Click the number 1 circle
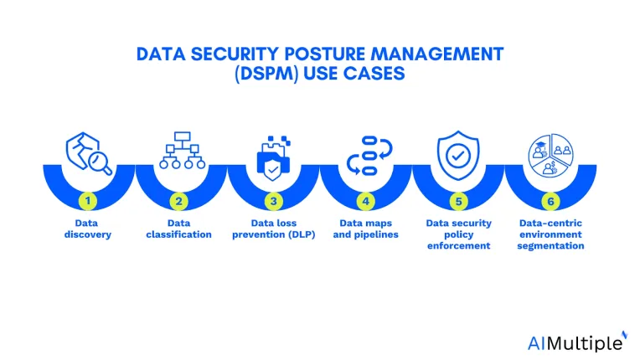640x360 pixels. (88, 201)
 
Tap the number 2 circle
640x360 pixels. (178, 201)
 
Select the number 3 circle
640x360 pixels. (273, 201)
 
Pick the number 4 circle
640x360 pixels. (366, 201)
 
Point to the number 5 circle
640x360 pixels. (458, 201)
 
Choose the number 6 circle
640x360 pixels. (550, 201)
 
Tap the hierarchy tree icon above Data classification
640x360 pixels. (182, 150)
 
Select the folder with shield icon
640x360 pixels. (273, 158)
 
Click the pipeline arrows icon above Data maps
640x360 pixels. (369, 156)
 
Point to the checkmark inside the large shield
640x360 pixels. (458, 156)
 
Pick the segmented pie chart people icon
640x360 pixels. (550, 156)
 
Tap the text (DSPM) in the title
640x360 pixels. (266, 74)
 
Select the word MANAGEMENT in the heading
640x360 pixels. (437, 54)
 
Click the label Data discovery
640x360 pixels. (87, 229)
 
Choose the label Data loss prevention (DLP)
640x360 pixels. (273, 229)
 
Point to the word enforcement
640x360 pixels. (458, 246)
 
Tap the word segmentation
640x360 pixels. (550, 246)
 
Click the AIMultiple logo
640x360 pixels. (577, 342)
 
